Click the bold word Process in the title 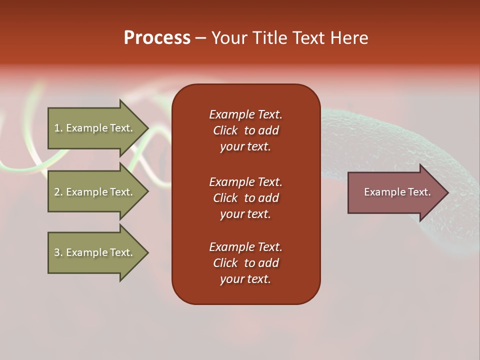point(157,38)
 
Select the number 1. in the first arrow point(58,128)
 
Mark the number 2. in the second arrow point(58,192)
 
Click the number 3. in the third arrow point(58,252)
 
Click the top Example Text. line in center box point(245,114)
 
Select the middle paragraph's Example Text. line point(245,182)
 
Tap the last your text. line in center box point(245,279)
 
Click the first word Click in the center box point(225,131)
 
